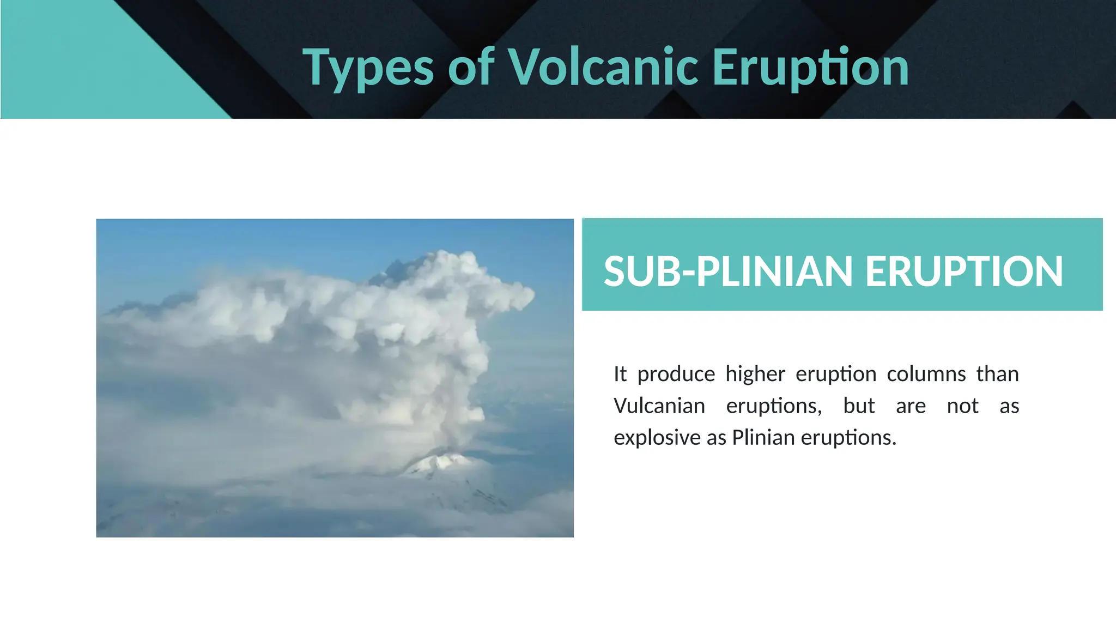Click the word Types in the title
point(368,68)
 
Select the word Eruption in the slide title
point(810,68)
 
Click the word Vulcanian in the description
point(659,406)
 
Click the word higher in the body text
point(755,375)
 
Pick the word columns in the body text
point(926,375)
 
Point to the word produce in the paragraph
point(676,375)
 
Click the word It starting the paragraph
point(620,375)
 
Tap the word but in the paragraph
point(859,406)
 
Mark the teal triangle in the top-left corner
point(82,60)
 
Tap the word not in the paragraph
point(962,406)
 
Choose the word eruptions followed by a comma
point(774,406)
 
